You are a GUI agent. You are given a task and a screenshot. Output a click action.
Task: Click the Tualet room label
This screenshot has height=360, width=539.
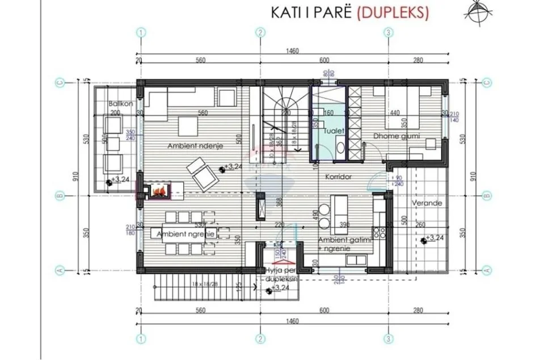point(332,131)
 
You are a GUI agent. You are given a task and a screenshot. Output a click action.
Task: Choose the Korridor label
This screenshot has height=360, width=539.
point(339,177)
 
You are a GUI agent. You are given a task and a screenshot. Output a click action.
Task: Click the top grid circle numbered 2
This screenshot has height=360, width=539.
point(260,32)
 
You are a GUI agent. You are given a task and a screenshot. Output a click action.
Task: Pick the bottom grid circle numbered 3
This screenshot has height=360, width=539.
point(388,339)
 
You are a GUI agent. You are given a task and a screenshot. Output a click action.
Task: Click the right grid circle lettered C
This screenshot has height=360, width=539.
point(486,82)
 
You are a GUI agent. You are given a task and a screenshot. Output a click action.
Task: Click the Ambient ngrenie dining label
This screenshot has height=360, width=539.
point(181,233)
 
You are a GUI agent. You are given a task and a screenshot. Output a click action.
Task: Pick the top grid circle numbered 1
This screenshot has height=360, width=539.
point(140,32)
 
